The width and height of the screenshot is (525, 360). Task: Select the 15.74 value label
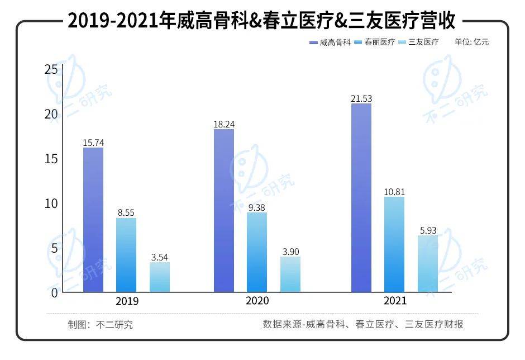click(x=93, y=143)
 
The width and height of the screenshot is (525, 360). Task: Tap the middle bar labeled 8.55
click(x=126, y=255)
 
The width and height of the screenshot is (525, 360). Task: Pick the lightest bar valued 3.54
click(x=159, y=277)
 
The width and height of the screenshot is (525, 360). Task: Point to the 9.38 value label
click(x=257, y=207)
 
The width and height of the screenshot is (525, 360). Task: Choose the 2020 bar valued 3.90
click(x=290, y=274)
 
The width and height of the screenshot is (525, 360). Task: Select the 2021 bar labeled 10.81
click(x=394, y=244)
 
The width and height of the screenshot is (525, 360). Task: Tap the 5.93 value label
click(x=427, y=230)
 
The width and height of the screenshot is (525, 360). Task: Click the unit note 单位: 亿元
click(x=472, y=42)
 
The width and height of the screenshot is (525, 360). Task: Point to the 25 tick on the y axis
click(x=51, y=70)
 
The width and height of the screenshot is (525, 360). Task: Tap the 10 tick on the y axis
click(x=51, y=203)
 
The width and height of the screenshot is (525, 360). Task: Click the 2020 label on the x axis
click(x=257, y=301)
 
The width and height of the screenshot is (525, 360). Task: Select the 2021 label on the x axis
click(x=394, y=301)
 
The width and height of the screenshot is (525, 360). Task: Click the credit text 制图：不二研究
click(x=100, y=324)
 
